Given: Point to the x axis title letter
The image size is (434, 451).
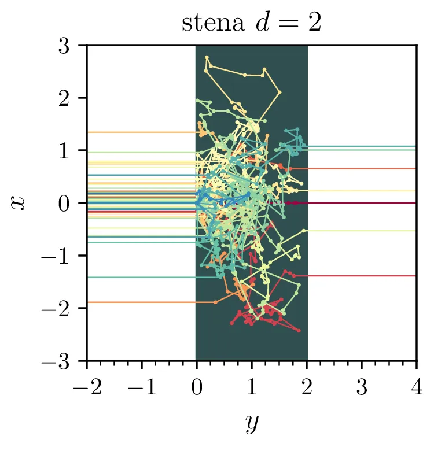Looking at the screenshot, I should click(19, 202).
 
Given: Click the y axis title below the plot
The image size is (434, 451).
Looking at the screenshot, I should click(251, 423).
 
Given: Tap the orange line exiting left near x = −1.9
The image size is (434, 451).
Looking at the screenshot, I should click(139, 302).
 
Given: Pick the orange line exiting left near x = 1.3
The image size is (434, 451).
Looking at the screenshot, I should click(139, 132).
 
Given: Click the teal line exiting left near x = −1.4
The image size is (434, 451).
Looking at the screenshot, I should click(139, 278).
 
